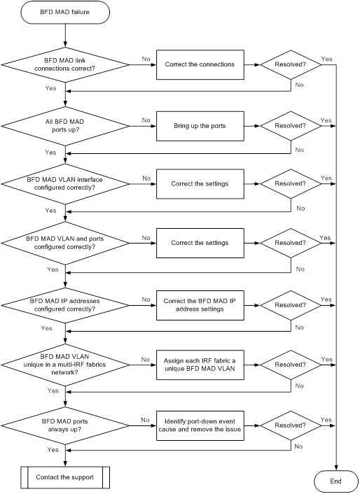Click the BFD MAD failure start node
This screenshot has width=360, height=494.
coord(65,13)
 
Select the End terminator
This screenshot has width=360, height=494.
coord(336,481)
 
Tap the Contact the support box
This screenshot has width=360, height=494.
coord(65,477)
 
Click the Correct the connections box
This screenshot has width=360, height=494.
coord(200,64)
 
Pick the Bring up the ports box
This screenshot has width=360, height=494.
coord(200,126)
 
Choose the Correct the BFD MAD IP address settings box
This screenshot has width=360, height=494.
coord(200,305)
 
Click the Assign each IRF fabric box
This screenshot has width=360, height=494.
coord(200,365)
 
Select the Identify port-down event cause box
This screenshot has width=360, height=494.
coord(200,425)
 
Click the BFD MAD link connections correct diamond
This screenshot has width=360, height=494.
coord(65,64)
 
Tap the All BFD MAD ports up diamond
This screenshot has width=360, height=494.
coord(65,126)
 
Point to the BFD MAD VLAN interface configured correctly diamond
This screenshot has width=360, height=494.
coord(65,183)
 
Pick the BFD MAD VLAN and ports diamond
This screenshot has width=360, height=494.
coord(65,243)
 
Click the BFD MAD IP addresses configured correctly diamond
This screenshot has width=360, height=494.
coord(65,305)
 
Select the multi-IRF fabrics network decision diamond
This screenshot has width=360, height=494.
coord(65,365)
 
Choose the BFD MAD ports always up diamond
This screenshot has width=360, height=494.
coord(65,425)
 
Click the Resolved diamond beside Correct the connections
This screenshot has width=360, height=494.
coord(291,64)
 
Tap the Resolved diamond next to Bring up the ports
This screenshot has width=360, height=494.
coord(291,126)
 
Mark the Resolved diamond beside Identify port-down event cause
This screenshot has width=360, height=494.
coord(291,425)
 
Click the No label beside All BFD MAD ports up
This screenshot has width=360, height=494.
coord(146,120)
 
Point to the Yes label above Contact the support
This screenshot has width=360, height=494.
coord(53,450)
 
